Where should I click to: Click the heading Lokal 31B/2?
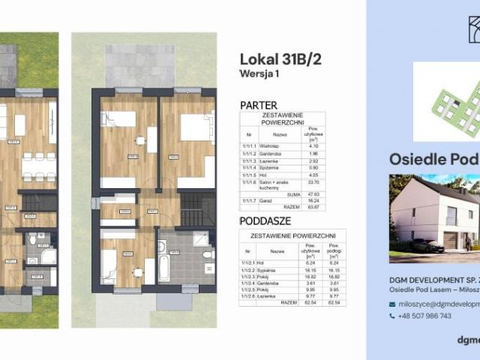280,60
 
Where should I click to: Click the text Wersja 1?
259,74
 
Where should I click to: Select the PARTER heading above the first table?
259,105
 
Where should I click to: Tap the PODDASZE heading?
265,221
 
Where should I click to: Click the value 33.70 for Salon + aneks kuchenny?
316,181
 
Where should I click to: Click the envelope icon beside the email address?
392,304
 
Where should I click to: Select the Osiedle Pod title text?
433,159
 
